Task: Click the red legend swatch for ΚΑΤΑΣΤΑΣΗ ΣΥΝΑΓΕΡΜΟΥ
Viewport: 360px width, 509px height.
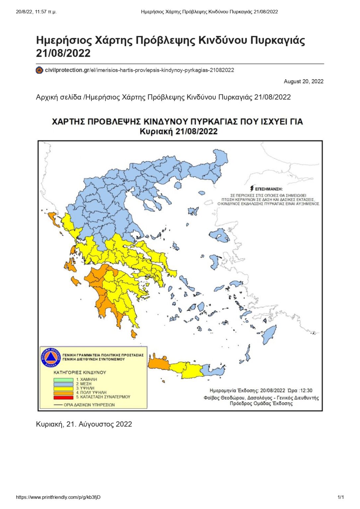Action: pos(63,397)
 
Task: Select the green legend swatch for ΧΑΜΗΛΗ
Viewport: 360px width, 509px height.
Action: pos(63,380)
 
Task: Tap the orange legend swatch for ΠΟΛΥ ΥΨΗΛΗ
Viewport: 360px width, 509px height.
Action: pos(63,393)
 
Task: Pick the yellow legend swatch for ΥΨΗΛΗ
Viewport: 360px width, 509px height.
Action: pos(63,388)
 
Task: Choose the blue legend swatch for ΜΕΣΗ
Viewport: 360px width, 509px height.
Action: pos(63,384)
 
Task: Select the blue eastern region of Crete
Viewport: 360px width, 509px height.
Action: pos(214,371)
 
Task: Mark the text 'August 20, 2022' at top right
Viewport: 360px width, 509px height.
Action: pos(303,82)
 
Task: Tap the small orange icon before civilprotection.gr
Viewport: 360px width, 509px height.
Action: pos(39,70)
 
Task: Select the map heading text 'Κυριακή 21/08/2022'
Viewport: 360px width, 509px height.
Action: pos(178,132)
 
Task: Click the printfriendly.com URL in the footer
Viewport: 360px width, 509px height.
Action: pos(58,497)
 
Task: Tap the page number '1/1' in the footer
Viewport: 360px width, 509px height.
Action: pos(340,497)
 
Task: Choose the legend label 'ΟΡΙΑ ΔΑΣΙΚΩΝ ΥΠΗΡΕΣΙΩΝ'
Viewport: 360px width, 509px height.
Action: pos(89,405)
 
